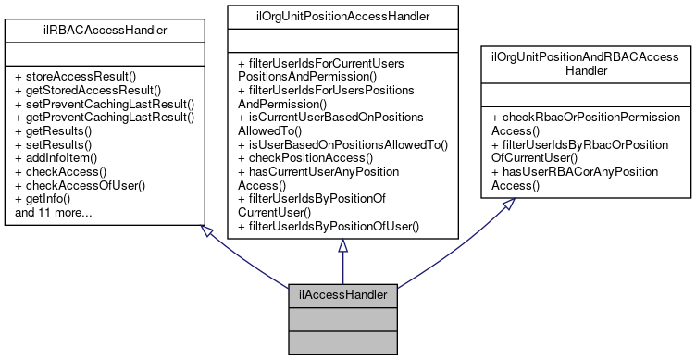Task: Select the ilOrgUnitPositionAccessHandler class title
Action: pos(342,15)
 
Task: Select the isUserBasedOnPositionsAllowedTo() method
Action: pos(342,144)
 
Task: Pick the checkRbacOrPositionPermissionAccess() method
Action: pos(586,124)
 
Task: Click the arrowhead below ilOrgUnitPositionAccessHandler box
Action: pos(342,245)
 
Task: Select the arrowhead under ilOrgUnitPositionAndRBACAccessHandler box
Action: pos(506,205)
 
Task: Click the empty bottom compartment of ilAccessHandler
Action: pos(343,341)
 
